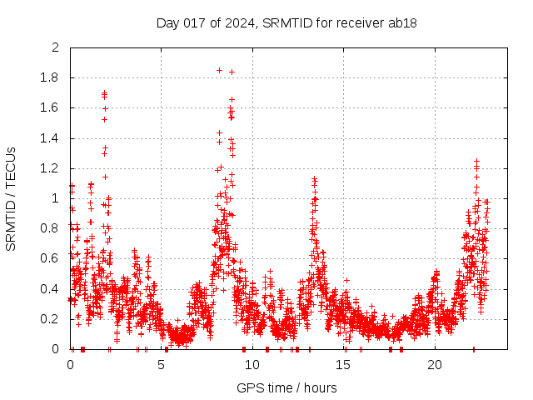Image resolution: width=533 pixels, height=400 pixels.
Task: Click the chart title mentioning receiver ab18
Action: pyautogui.click(x=286, y=22)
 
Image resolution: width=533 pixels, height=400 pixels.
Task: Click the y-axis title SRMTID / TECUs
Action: pyautogui.click(x=12, y=198)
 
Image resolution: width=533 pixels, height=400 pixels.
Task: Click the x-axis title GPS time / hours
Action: pyautogui.click(x=286, y=387)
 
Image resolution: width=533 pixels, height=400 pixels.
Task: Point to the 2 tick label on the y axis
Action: pyautogui.click(x=56, y=47)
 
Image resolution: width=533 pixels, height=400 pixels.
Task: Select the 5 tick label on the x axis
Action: pyautogui.click(x=162, y=365)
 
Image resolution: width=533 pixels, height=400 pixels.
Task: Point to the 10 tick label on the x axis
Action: pyautogui.click(x=252, y=365)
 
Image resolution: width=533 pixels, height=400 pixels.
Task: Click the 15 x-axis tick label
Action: pyautogui.click(x=344, y=365)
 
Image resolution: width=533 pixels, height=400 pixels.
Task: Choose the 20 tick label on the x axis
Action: pyautogui.click(x=435, y=365)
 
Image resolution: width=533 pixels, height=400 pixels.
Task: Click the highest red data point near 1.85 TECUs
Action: pyautogui.click(x=219, y=70)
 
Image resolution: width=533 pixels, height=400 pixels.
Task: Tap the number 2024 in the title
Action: pyautogui.click(x=238, y=22)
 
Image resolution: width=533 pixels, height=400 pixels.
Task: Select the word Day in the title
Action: pyautogui.click(x=167, y=22)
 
